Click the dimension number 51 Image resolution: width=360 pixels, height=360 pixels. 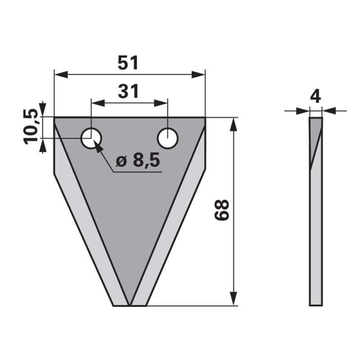128,63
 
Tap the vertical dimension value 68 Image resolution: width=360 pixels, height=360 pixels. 222,210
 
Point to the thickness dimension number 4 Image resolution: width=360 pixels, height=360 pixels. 316,97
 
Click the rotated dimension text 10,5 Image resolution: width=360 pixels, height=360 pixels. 31,128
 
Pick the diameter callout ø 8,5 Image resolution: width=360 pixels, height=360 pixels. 138,161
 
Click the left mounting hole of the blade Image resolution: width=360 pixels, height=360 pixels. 91,138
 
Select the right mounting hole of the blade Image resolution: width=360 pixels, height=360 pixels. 167,138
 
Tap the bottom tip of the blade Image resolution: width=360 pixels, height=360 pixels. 130,305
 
